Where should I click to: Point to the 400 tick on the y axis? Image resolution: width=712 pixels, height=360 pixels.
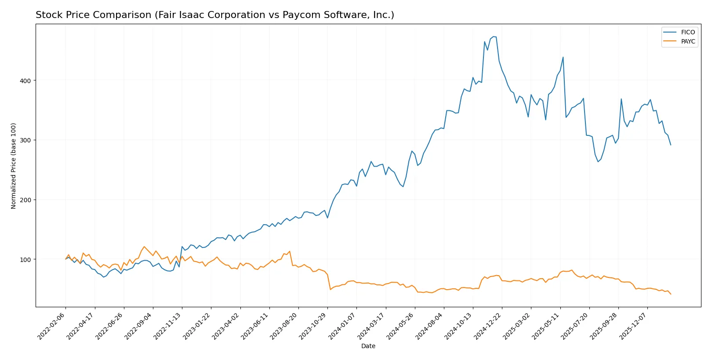(x=25, y=80)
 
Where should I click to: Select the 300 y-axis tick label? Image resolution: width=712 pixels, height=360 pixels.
(x=25, y=140)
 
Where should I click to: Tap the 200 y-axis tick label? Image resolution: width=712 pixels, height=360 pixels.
(x=25, y=200)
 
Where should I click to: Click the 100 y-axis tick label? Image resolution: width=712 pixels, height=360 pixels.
(x=25, y=259)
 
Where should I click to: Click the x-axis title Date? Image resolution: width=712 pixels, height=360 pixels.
(x=368, y=346)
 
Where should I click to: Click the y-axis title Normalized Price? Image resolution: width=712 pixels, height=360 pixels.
(x=14, y=166)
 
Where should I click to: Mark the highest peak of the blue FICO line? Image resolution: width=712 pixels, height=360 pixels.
(x=494, y=36)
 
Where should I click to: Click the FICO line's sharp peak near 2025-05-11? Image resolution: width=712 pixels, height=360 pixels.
(x=563, y=57)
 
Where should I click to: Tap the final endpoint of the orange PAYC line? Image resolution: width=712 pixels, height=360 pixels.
(x=671, y=294)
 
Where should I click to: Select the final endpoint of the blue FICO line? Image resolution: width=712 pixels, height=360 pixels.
(x=671, y=145)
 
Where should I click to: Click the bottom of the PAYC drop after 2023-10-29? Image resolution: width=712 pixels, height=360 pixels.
(x=331, y=289)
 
